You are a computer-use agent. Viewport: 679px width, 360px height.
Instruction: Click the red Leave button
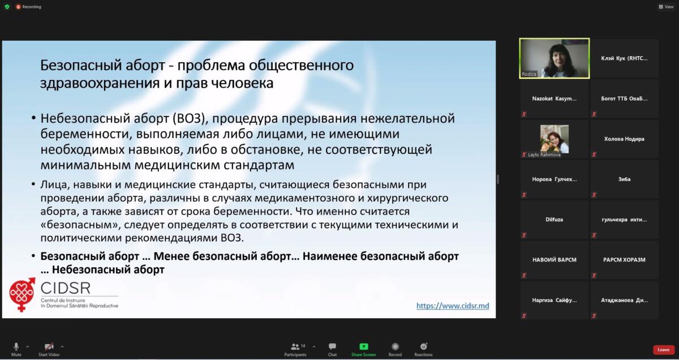tap(663, 350)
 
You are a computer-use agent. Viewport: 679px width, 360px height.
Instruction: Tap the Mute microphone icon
tap(16, 346)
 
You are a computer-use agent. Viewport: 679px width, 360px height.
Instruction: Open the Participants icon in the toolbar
tap(295, 346)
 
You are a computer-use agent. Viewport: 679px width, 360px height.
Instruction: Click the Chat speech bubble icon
tap(332, 346)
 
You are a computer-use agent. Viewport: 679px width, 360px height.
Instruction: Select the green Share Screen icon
tap(363, 346)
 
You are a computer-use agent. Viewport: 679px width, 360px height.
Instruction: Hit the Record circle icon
tap(395, 346)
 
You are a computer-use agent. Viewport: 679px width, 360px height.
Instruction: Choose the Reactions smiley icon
tap(423, 346)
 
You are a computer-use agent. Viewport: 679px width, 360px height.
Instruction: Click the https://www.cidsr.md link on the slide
tap(453, 306)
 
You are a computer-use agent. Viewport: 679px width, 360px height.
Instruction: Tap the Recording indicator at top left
tap(28, 7)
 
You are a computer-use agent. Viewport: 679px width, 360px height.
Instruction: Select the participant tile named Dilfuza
tap(554, 220)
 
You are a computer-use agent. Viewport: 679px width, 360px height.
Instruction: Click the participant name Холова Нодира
tap(624, 139)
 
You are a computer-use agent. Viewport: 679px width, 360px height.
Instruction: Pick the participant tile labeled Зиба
tap(624, 179)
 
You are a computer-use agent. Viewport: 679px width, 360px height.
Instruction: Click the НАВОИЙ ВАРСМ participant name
tap(555, 260)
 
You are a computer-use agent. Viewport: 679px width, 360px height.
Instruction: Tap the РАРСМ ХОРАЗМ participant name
tap(624, 260)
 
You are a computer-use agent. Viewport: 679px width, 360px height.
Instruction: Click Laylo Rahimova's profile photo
tap(555, 139)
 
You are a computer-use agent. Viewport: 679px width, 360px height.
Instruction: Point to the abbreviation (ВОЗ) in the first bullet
tap(190, 118)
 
